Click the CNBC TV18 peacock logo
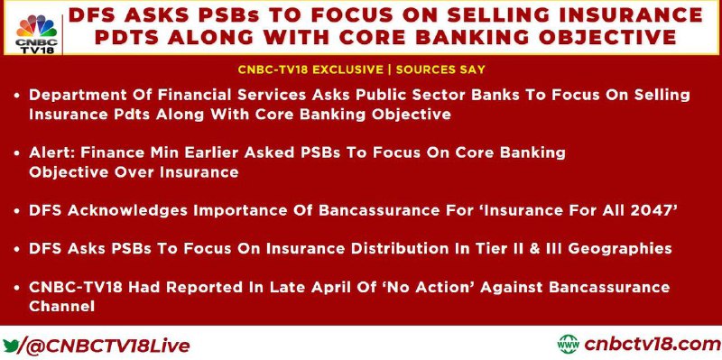click(x=37, y=33)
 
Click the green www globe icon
click(x=569, y=344)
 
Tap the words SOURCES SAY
click(x=440, y=69)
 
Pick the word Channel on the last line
click(x=61, y=306)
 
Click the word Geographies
click(x=619, y=249)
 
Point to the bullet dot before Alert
click(x=16, y=153)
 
